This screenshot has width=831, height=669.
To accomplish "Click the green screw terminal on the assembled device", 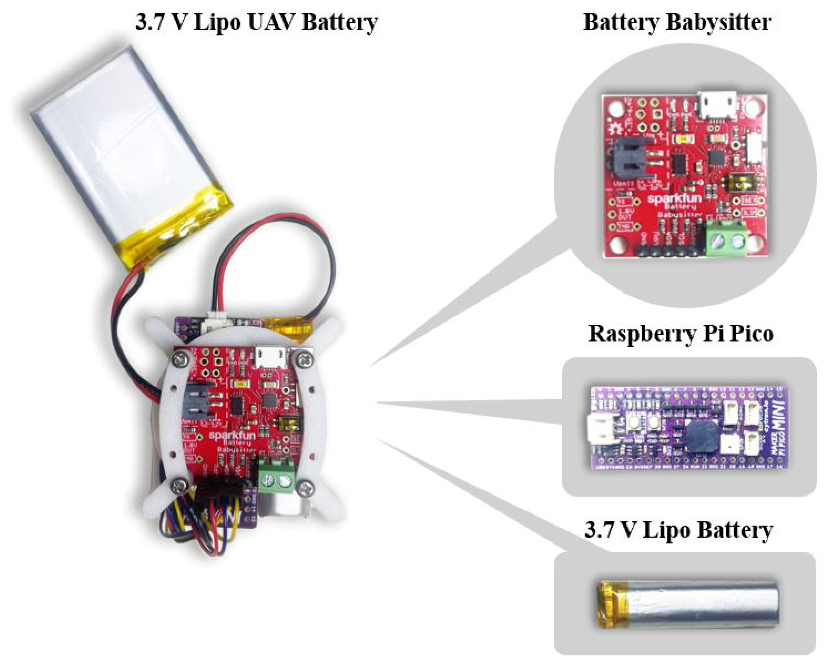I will [x=277, y=479].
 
